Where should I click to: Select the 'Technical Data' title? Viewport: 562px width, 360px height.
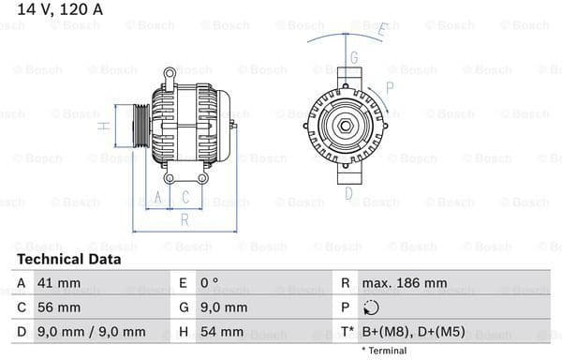(x=68, y=259)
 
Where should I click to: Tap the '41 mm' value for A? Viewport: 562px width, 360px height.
(x=60, y=283)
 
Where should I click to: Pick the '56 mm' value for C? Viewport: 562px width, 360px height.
(x=60, y=307)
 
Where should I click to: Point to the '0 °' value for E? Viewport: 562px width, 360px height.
(x=211, y=283)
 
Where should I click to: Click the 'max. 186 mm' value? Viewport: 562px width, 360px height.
(x=405, y=283)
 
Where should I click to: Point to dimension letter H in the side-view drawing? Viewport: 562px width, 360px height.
(x=107, y=126)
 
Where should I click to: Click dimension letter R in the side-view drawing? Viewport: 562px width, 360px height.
(x=185, y=219)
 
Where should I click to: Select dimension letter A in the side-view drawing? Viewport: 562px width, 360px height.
(x=158, y=198)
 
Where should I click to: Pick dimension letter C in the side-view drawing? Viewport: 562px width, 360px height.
(x=185, y=198)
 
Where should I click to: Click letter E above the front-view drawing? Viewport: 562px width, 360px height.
(x=381, y=30)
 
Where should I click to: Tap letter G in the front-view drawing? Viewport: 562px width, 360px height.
(x=354, y=58)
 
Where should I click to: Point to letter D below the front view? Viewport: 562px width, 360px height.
(x=348, y=194)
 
